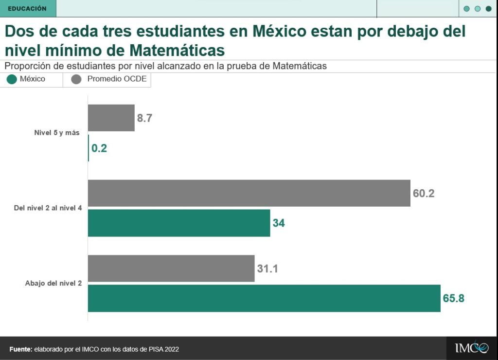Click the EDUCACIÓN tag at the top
click(27, 9)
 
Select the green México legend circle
click(12, 79)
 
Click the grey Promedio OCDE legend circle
click(76, 79)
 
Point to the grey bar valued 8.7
click(111, 118)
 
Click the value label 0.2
click(99, 148)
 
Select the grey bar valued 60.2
click(249, 193)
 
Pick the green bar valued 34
click(178, 223)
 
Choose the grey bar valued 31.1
click(171, 268)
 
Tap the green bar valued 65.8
click(264, 298)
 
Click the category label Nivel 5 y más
click(56, 133)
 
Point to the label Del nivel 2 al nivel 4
click(48, 208)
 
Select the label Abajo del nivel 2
click(53, 283)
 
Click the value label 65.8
click(453, 298)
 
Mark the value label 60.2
click(424, 193)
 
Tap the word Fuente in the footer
click(20, 349)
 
